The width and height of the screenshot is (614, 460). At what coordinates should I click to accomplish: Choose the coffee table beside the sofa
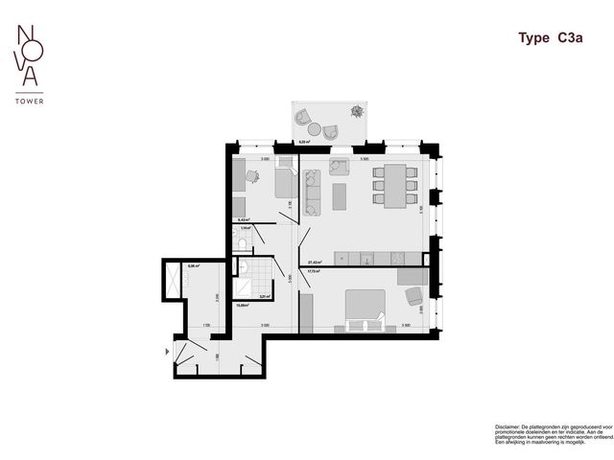(x=339, y=195)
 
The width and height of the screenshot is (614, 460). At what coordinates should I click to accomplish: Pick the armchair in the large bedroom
(x=413, y=297)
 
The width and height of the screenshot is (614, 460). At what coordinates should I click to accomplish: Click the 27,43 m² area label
(x=313, y=263)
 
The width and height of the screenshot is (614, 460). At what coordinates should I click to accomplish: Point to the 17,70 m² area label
(x=313, y=271)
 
